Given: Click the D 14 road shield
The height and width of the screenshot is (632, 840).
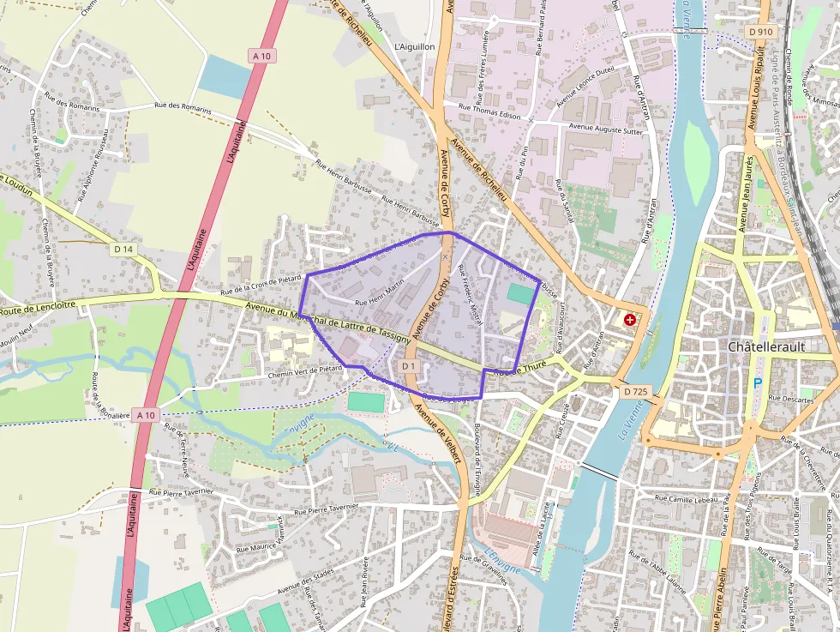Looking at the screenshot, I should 124,249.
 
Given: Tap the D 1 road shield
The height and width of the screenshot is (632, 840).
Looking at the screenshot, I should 408,367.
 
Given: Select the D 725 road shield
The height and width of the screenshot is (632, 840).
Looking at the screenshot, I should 636,392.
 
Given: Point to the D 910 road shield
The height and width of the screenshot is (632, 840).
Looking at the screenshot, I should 759,32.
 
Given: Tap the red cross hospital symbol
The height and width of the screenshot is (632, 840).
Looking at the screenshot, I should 631,320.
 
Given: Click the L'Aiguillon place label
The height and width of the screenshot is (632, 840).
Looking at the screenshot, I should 415,46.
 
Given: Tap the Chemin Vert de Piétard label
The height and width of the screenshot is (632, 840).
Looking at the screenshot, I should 305,371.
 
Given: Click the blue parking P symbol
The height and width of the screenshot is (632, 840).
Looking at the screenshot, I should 756,382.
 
